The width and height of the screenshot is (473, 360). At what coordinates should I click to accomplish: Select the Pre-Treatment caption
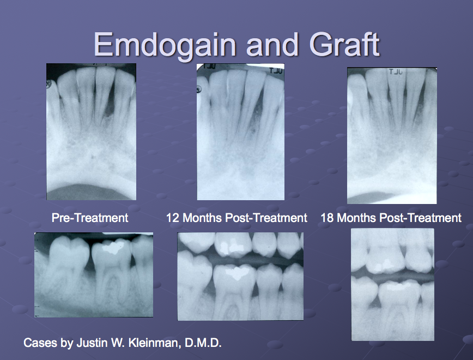coord(90,218)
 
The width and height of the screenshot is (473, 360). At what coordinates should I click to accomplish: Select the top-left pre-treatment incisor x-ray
coord(91,131)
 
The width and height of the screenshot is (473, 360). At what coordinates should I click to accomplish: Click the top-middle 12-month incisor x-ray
coord(240,131)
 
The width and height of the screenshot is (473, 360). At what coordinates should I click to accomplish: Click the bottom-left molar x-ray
coord(93,274)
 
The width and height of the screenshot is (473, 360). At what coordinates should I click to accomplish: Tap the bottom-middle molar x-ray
coord(240,276)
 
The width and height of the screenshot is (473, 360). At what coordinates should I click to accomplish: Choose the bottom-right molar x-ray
coord(392,284)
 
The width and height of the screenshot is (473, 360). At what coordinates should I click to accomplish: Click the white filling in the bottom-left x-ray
coord(113,249)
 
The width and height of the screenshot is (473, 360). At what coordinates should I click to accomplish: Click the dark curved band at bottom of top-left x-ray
coord(91,192)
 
